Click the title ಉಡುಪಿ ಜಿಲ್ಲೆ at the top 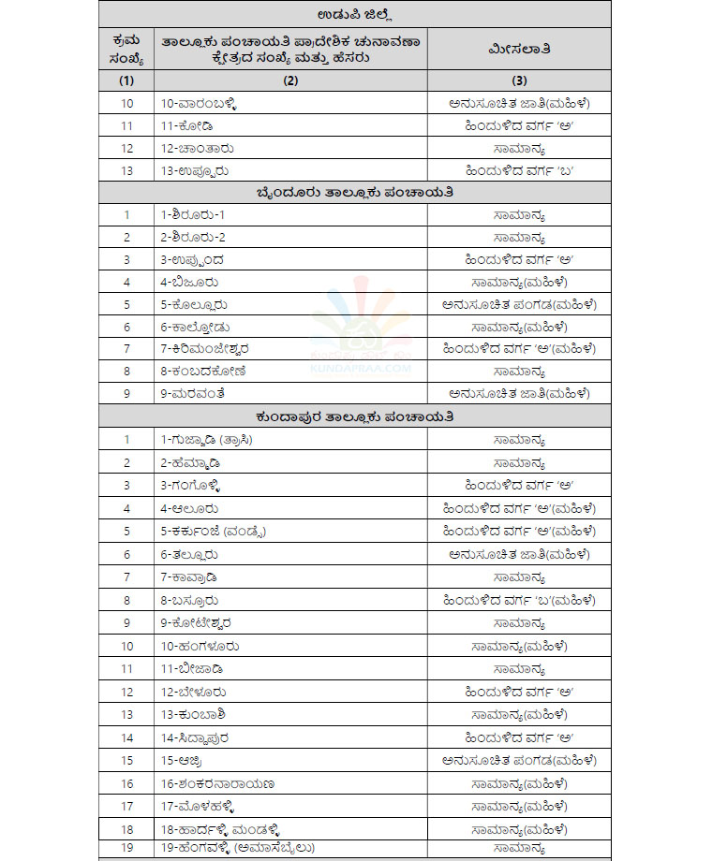click(355, 13)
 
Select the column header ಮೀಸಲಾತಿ click(519, 47)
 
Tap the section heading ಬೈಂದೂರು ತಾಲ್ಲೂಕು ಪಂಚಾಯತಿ click(355, 192)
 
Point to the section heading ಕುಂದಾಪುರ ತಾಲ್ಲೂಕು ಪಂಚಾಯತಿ click(355, 416)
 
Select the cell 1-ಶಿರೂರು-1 click(193, 214)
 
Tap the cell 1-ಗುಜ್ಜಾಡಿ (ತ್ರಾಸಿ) click(207, 439)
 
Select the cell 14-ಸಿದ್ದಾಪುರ click(201, 737)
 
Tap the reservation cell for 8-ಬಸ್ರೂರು click(519, 600)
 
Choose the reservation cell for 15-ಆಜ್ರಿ click(519, 760)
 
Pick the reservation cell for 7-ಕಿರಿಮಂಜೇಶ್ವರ click(519, 348)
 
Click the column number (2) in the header click(290, 80)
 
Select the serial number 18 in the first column click(127, 829)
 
